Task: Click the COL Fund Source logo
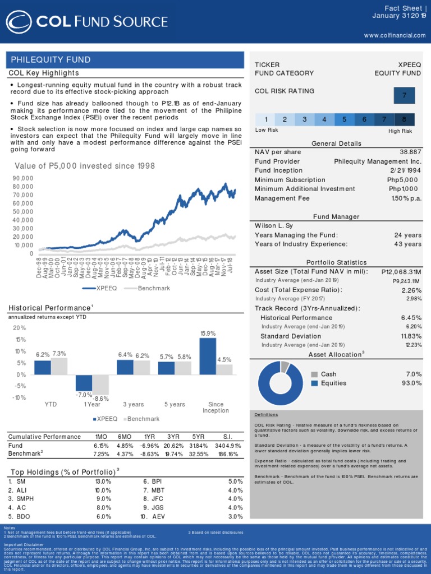click(x=88, y=22)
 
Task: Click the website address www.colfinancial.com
click(x=395, y=35)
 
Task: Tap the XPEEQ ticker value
click(x=409, y=65)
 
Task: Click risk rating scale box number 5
click(x=345, y=119)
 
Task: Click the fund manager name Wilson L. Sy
click(x=274, y=226)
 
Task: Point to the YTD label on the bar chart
click(x=51, y=404)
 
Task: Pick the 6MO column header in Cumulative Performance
click(x=125, y=437)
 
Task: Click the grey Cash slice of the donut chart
click(x=285, y=367)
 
